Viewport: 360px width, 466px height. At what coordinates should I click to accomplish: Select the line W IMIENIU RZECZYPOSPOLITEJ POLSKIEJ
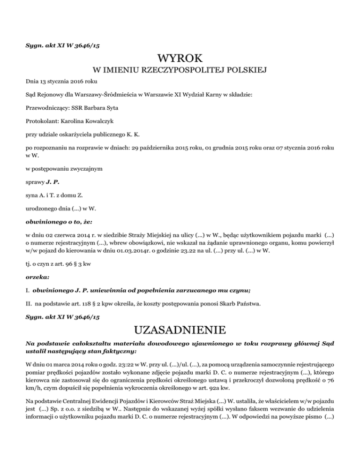click(180, 71)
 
